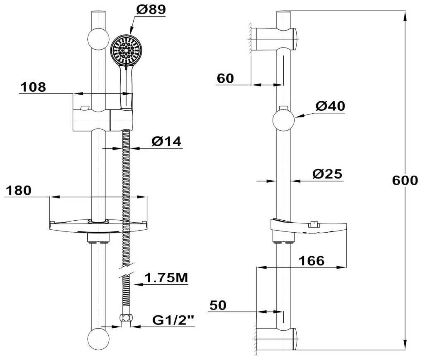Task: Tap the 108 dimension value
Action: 34,87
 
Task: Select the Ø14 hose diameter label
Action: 166,141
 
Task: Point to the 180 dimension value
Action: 19,190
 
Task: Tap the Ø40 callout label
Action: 330,106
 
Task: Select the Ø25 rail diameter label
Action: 328,174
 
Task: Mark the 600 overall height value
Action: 404,181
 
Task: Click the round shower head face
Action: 127,50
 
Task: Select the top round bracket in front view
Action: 98,39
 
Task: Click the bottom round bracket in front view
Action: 98,339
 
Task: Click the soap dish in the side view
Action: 308,226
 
